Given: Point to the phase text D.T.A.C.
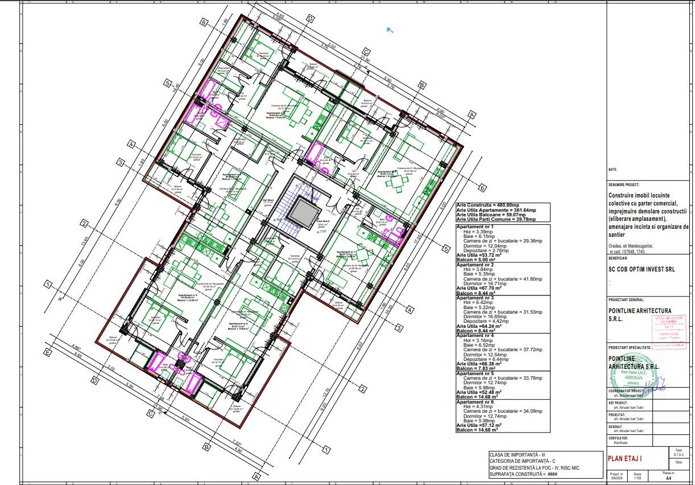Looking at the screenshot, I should [679, 454].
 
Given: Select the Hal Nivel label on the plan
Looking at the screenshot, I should [268, 200].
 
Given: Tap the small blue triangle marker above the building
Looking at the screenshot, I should [389, 30].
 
